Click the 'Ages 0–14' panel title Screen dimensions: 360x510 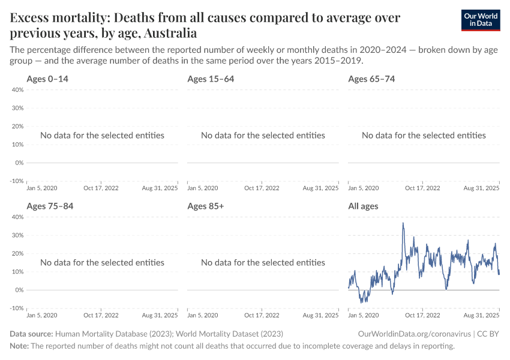52,79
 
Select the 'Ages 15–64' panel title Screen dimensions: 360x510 211,79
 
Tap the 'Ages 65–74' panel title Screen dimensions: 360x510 371,79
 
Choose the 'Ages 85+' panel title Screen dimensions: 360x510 206,206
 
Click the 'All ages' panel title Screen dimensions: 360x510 363,206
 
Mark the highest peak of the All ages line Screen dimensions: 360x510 403,223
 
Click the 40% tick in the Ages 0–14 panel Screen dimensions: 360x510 17,90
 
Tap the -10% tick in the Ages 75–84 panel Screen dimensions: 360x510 16,308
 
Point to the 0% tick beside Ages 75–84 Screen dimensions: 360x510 19,290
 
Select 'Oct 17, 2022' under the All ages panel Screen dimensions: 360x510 423,315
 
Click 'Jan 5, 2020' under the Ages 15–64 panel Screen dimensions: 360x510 202,188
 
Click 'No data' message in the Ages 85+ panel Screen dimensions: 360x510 263,262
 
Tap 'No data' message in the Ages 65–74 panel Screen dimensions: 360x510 424,135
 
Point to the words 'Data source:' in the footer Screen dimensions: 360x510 31,334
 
